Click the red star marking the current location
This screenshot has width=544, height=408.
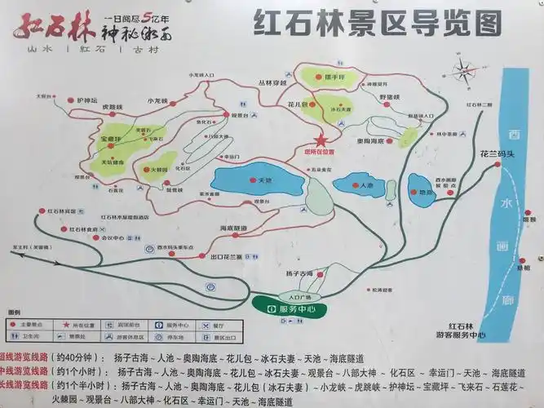(320, 140)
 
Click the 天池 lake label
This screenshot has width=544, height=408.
(263, 180)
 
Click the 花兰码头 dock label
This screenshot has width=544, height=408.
(497, 152)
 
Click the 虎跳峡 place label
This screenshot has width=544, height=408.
(112, 105)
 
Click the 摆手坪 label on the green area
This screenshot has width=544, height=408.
(324, 78)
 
